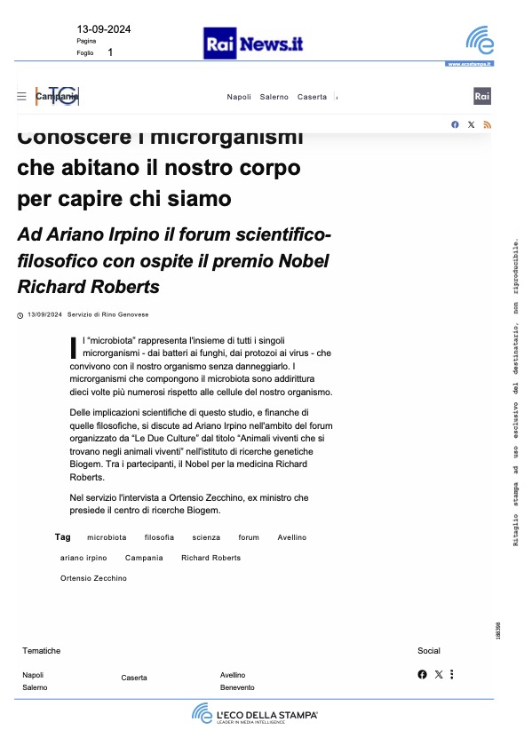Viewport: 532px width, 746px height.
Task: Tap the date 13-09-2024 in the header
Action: [x=104, y=29]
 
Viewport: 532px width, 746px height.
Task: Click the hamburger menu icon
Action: [x=22, y=97]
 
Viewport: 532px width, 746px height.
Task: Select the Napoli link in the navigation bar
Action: [x=239, y=97]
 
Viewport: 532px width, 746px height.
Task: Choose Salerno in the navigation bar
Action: [x=274, y=97]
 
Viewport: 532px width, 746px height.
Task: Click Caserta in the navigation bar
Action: [x=312, y=97]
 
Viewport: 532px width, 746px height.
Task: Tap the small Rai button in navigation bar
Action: [x=482, y=97]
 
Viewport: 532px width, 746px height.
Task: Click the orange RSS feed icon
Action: [x=487, y=124]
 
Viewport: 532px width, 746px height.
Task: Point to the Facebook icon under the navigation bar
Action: [x=455, y=124]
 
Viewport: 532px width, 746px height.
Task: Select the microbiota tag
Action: [x=107, y=537]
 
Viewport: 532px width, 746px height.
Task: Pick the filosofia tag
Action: [x=159, y=537]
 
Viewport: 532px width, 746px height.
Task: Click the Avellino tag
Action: [x=291, y=537]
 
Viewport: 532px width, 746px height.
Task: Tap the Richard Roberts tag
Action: [x=210, y=558]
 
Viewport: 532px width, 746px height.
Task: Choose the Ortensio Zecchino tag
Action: [x=93, y=578]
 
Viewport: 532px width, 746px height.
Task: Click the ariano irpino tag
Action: [x=83, y=558]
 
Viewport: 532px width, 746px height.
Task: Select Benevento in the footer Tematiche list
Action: [x=237, y=687]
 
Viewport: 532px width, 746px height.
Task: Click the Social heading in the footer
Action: [x=429, y=651]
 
